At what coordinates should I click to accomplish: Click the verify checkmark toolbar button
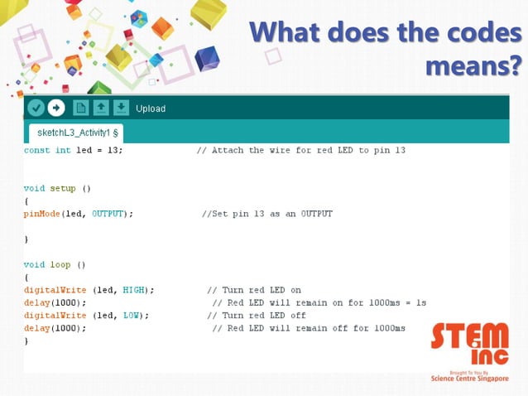(x=36, y=108)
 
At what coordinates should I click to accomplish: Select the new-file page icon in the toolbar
(x=80, y=108)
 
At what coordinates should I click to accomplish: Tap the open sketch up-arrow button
(x=101, y=108)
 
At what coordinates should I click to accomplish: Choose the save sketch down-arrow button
(x=121, y=108)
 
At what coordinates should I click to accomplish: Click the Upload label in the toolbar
(x=151, y=109)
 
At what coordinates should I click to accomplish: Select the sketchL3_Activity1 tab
(x=78, y=133)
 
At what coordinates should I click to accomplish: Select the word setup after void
(x=62, y=188)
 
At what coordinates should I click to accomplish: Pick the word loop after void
(x=60, y=264)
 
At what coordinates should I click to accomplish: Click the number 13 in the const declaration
(x=115, y=151)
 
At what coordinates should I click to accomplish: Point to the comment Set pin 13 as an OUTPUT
(x=268, y=214)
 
